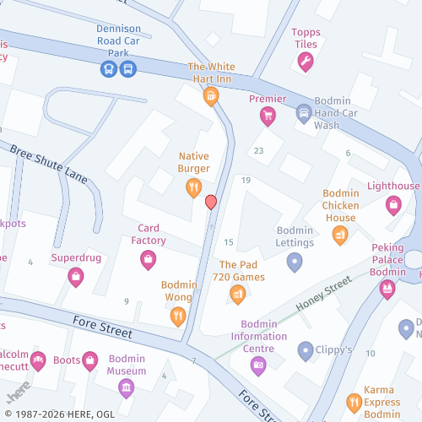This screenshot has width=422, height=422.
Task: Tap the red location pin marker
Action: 211,202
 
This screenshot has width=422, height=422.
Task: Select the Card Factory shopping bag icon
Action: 148,259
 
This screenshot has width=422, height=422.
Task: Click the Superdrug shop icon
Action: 75,275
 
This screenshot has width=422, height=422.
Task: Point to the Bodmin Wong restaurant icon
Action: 178,316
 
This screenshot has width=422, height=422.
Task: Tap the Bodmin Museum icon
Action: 127,387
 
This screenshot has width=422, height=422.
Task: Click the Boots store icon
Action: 89,361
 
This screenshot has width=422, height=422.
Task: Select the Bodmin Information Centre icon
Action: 258,365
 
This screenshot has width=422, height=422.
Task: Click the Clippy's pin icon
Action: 305,349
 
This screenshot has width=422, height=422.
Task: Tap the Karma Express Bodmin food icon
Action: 354,402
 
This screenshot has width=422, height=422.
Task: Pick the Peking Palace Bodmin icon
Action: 387,289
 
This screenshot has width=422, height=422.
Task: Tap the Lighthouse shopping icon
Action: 393,203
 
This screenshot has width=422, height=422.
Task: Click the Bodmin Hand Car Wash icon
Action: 304,112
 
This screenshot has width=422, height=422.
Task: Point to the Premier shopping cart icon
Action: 268,116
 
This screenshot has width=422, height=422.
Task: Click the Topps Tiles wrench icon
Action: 306,61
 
